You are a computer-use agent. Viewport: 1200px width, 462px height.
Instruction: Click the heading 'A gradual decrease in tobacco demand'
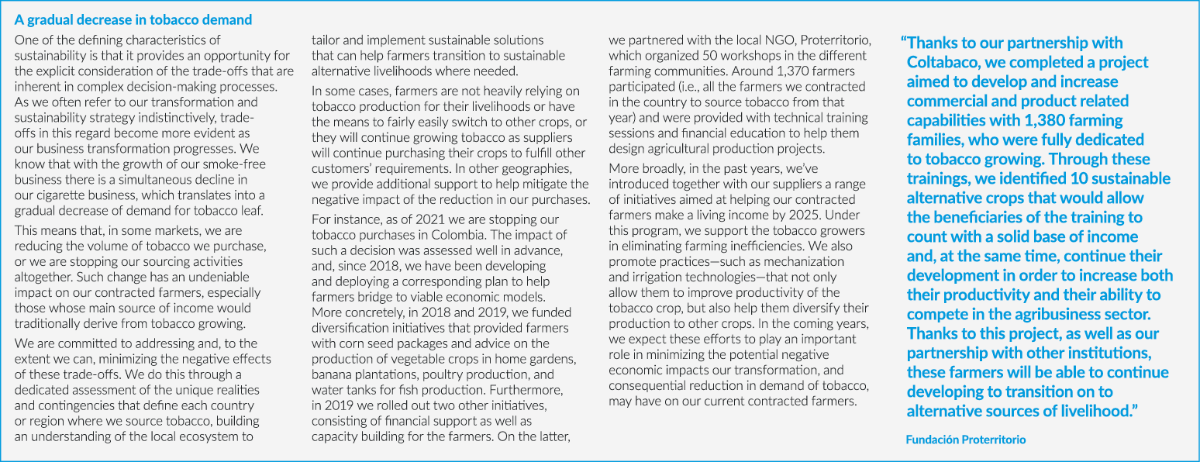(133, 20)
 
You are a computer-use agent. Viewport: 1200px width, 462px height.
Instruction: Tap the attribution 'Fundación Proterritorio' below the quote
(965, 440)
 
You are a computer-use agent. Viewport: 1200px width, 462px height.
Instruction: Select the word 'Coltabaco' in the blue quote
(949, 62)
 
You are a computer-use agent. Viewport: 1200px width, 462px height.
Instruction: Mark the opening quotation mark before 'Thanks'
(903, 43)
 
